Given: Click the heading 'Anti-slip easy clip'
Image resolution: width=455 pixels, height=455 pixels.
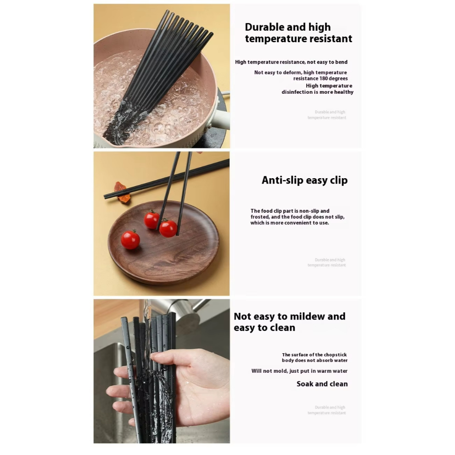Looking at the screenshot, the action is (x=304, y=180).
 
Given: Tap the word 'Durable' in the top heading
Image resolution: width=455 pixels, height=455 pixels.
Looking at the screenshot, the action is (x=264, y=27).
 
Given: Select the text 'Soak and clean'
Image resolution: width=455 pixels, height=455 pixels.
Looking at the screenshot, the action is (x=322, y=384).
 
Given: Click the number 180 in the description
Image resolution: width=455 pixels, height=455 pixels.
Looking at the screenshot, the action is (x=323, y=78).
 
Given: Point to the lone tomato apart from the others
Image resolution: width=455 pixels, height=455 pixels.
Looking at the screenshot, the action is (x=130, y=239).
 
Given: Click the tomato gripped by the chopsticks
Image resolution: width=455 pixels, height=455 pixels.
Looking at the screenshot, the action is (x=168, y=228).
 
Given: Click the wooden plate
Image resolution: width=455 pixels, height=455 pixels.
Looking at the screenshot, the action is (x=164, y=242).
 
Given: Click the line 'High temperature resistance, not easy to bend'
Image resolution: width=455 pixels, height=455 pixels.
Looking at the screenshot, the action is (x=291, y=62).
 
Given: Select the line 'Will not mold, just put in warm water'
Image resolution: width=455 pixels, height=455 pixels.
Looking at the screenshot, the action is (x=299, y=371).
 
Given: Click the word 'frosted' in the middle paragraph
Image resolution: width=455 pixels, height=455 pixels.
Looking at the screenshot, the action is (x=259, y=217).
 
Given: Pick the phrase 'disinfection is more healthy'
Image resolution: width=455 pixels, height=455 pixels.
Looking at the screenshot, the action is (x=317, y=92).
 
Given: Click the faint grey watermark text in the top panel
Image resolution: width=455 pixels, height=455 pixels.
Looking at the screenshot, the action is (x=327, y=115).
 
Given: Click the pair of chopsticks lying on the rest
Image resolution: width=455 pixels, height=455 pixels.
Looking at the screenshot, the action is (x=167, y=179).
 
